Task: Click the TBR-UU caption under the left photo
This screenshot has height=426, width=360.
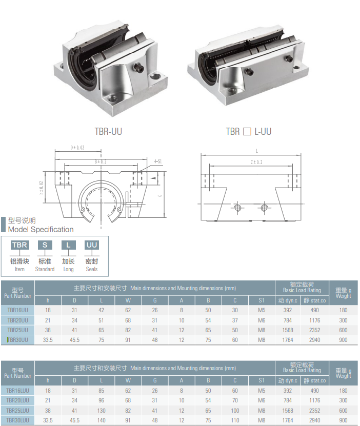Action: pyautogui.click(x=108, y=132)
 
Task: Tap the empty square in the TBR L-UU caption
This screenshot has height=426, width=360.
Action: pyautogui.click(x=247, y=132)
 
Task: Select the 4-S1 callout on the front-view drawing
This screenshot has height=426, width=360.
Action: pyautogui.click(x=158, y=161)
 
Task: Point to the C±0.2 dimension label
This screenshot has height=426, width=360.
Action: pyautogui.click(x=256, y=162)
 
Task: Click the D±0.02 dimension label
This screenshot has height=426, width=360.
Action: pyautogui.click(x=77, y=148)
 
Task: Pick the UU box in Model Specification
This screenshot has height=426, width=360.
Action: pyautogui.click(x=92, y=245)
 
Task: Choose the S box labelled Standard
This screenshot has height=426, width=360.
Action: pyautogui.click(x=45, y=245)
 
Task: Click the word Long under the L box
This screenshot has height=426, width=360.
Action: pyautogui.click(x=69, y=269)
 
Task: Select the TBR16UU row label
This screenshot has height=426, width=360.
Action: pyautogui.click(x=17, y=310)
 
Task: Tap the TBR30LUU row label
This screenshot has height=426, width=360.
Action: pyautogui.click(x=17, y=420)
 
